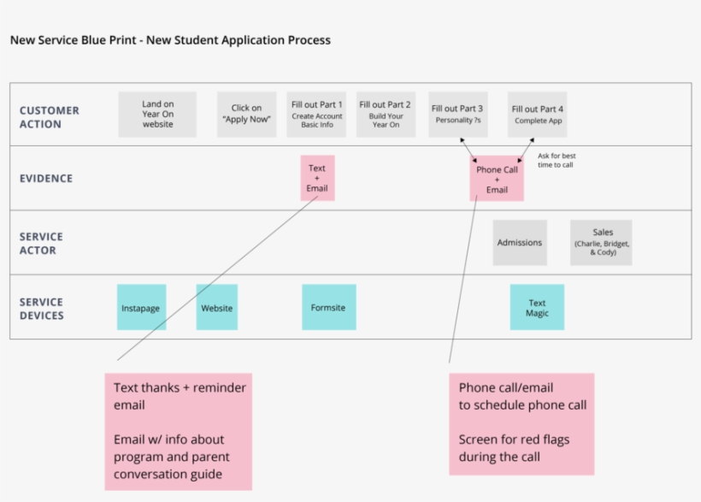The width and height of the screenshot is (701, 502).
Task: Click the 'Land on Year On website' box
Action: click(x=157, y=115)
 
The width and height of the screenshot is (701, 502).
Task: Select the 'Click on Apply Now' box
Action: click(x=246, y=115)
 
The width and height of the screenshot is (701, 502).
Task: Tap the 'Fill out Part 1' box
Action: click(x=317, y=115)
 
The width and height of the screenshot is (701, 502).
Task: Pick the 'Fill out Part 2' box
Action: click(x=385, y=115)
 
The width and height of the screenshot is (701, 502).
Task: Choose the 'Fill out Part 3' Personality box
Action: click(x=457, y=115)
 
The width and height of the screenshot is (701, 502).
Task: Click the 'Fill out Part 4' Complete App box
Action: click(x=537, y=115)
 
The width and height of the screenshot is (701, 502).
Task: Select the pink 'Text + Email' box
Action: click(x=317, y=178)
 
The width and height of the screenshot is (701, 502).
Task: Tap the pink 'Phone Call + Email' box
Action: click(x=497, y=179)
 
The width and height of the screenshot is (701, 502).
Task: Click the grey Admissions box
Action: click(x=520, y=243)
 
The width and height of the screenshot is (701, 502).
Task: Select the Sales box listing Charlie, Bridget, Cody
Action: click(x=602, y=243)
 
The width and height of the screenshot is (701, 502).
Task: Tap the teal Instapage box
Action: click(x=141, y=307)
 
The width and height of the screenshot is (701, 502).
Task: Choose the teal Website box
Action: click(x=216, y=307)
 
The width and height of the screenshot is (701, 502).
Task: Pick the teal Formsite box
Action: click(x=328, y=307)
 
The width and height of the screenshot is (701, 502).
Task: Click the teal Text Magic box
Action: click(x=537, y=307)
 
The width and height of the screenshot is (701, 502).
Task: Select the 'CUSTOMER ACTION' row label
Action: click(x=50, y=117)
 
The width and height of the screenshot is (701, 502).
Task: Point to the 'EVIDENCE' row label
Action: click(x=46, y=179)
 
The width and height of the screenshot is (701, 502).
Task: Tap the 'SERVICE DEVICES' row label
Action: click(x=42, y=309)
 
